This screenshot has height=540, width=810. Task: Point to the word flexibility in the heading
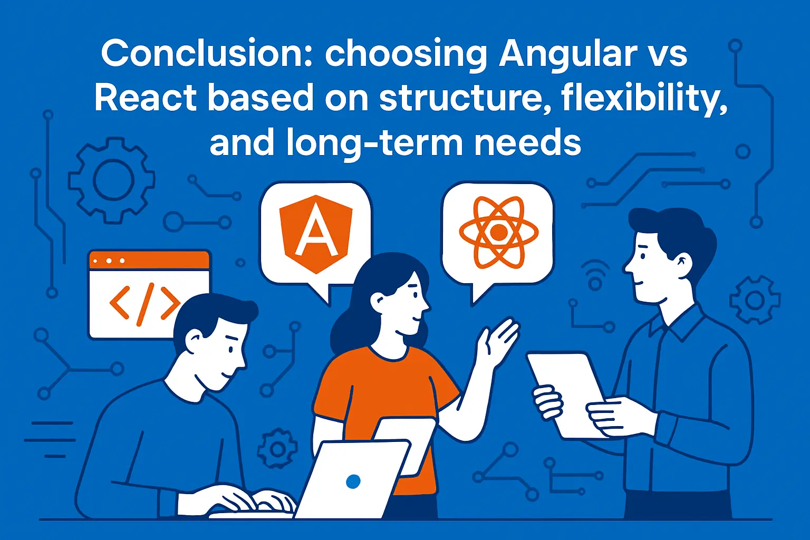(x=644, y=99)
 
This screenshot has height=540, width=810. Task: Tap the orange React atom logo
(x=499, y=232)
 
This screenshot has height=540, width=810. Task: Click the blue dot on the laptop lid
(x=353, y=481)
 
